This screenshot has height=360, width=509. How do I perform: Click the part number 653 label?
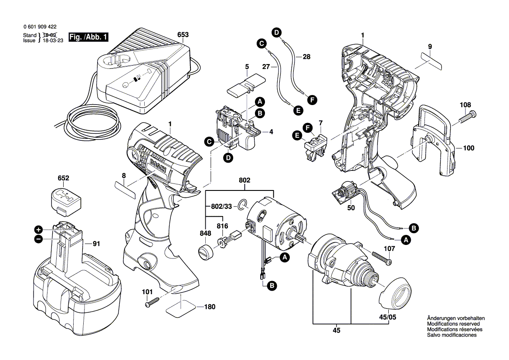[183, 34]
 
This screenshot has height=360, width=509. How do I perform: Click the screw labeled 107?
[381, 258]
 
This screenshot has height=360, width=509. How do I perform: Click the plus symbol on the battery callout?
[38, 230]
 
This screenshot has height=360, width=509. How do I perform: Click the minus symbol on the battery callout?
[38, 238]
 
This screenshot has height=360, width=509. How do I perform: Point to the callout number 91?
[96, 244]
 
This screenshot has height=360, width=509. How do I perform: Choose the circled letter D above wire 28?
[276, 31]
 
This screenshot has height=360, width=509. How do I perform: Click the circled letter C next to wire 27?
[261, 43]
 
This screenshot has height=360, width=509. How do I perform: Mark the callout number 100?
[468, 148]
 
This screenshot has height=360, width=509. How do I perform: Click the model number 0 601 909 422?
[40, 26]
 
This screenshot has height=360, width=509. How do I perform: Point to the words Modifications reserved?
[453, 324]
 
